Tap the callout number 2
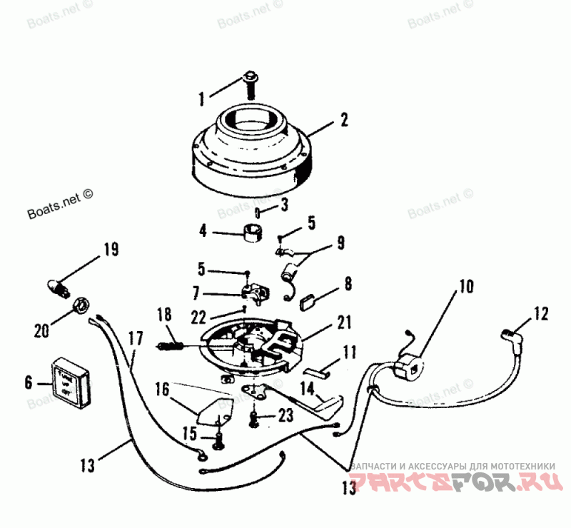(344, 121)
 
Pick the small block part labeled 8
(309, 300)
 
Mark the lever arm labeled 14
(325, 406)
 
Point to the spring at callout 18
(172, 345)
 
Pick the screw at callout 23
(255, 419)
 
